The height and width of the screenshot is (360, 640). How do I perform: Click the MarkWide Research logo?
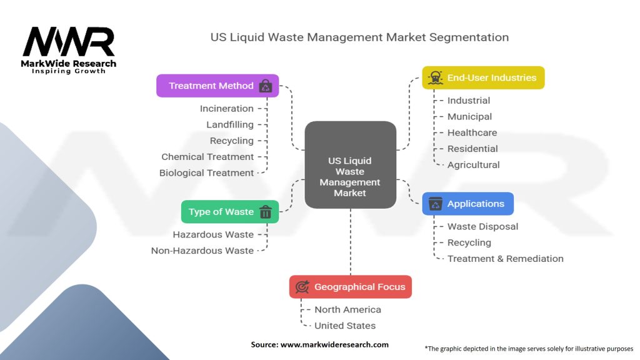(x=69, y=49)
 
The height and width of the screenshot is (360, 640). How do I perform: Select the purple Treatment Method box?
(x=217, y=86)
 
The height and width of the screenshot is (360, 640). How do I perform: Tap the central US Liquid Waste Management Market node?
(x=350, y=165)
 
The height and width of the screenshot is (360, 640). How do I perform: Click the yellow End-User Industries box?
(x=483, y=78)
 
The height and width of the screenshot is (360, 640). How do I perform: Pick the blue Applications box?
(x=467, y=204)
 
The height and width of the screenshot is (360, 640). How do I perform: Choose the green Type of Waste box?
(x=229, y=212)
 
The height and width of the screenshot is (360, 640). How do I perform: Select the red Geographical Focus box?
(x=350, y=287)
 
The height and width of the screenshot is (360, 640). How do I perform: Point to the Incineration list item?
(x=226, y=109)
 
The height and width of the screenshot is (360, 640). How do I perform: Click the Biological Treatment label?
(x=206, y=173)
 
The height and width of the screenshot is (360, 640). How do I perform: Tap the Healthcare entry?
(x=472, y=132)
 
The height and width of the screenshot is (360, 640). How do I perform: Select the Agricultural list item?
(x=473, y=165)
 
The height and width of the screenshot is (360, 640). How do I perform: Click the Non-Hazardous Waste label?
(x=202, y=251)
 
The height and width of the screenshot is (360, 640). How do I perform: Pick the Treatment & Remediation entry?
(x=505, y=259)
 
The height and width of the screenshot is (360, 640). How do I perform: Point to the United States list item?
(x=345, y=326)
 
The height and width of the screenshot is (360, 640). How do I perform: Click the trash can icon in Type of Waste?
(x=265, y=212)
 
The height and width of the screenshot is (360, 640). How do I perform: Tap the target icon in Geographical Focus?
(x=302, y=287)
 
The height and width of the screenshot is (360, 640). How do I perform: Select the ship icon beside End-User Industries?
(x=434, y=78)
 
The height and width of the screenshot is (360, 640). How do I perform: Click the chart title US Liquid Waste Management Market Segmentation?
(x=359, y=37)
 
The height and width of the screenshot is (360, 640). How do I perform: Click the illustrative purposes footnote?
(x=529, y=349)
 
